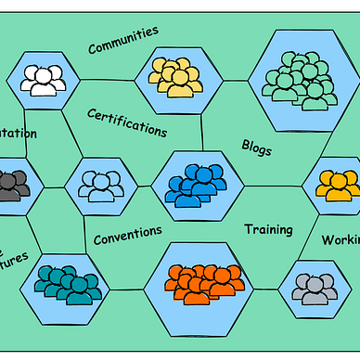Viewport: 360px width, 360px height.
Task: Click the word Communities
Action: (x=122, y=40)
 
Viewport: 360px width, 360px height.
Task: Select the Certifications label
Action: (x=127, y=122)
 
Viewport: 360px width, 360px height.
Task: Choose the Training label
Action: (x=268, y=229)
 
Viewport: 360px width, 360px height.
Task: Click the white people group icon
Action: (x=43, y=79)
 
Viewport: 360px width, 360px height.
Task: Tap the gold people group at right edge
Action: (x=337, y=184)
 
